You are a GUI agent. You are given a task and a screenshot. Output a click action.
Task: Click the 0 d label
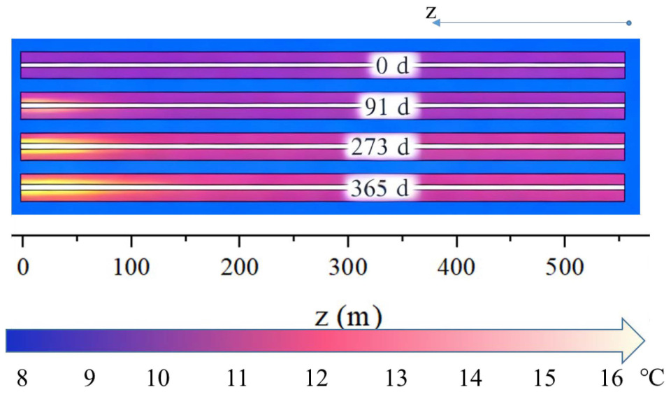[391, 66]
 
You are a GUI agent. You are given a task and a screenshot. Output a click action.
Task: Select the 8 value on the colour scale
[22, 379]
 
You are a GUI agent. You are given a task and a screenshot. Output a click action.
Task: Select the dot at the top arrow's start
[629, 23]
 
